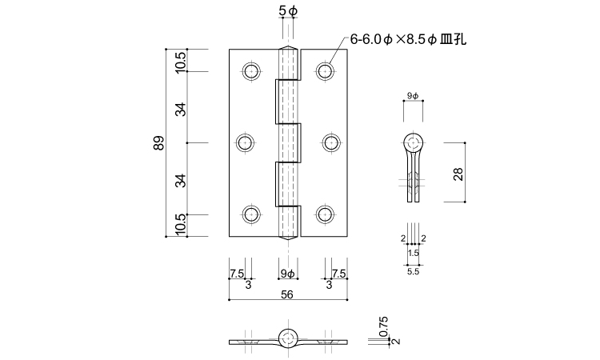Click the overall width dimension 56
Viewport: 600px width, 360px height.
[x=288, y=294]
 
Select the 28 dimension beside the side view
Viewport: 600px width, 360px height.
[x=458, y=174]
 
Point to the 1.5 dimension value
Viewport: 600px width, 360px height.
[x=413, y=253]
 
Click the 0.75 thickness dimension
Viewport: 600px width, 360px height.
[x=384, y=326]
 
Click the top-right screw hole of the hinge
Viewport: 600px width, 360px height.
[x=324, y=71]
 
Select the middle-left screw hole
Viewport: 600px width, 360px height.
[x=245, y=143]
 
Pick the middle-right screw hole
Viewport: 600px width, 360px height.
[x=331, y=143]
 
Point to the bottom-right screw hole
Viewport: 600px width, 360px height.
[x=324, y=214]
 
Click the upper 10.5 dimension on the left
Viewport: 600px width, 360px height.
[x=181, y=61]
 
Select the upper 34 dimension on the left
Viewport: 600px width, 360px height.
[x=181, y=107]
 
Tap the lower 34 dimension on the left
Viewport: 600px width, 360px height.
[x=181, y=179]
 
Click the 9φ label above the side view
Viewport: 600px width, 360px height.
[x=413, y=95]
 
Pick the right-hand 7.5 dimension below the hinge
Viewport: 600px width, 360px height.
[x=338, y=274]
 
